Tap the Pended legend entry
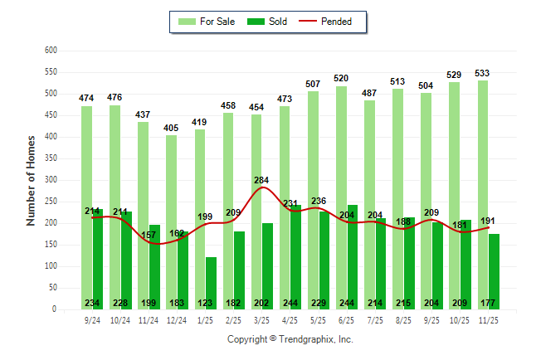[x=335, y=22]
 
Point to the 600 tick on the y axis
[x=51, y=51]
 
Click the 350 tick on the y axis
[x=51, y=158]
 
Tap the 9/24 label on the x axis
[x=92, y=319]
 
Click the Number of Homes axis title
[x=32, y=180]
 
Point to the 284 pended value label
[x=262, y=180]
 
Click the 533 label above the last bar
[x=482, y=73]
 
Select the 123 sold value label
[x=206, y=303]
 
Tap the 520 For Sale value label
[x=341, y=79]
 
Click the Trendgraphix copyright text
[x=290, y=339]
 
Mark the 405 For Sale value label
[x=172, y=128]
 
